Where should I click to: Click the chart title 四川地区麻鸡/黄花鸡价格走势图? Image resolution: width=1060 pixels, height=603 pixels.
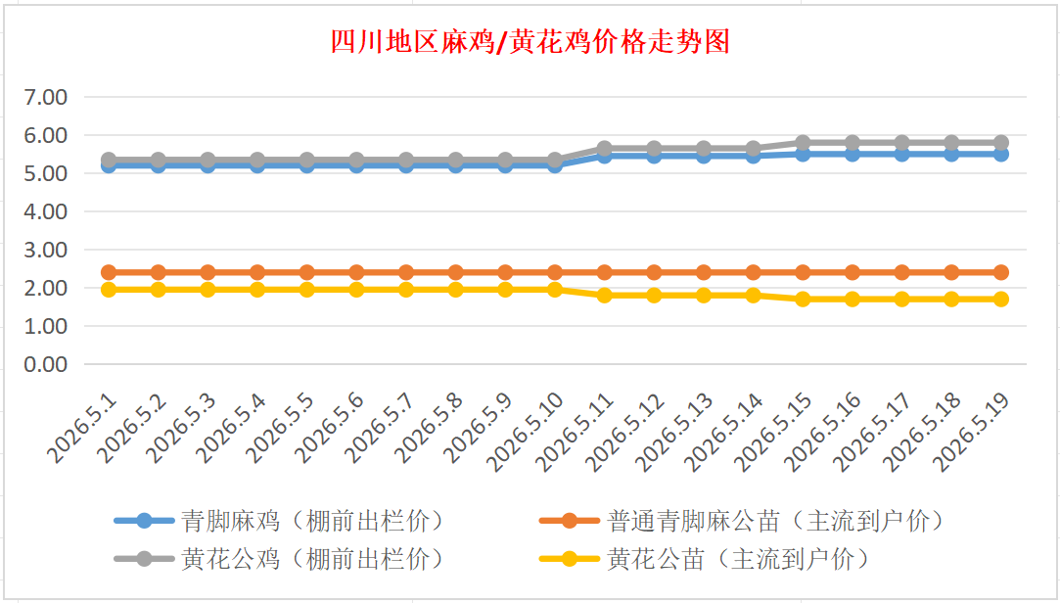pyautogui.click(x=530, y=42)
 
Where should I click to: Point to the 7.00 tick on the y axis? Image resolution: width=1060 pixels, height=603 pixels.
pyautogui.click(x=46, y=97)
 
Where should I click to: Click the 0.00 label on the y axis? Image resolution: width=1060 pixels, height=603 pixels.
pyautogui.click(x=46, y=364)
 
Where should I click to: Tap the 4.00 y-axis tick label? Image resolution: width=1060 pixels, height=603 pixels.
pyautogui.click(x=46, y=211)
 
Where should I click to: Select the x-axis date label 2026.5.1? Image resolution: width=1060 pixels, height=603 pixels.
pyautogui.click(x=82, y=429)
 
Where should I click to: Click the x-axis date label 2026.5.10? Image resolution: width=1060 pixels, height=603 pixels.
pyautogui.click(x=525, y=432)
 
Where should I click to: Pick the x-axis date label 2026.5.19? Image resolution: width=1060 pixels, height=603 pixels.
pyautogui.click(x=971, y=432)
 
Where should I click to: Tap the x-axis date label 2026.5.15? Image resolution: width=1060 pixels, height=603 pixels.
pyautogui.click(x=772, y=432)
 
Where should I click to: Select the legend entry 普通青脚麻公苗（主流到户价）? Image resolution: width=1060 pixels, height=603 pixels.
pyautogui.click(x=743, y=521)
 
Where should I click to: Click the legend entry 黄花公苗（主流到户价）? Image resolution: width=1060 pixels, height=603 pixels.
pyautogui.click(x=705, y=559)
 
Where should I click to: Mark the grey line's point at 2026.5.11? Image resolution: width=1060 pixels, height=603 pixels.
pyautogui.click(x=604, y=148)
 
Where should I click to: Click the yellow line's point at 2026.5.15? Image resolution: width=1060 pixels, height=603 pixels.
pyautogui.click(x=803, y=299)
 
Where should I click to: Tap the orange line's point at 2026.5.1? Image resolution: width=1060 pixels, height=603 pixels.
pyautogui.click(x=109, y=272)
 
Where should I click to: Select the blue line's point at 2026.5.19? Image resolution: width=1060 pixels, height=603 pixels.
pyautogui.click(x=1000, y=154)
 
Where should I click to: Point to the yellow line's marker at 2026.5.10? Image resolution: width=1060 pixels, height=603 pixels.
pyautogui.click(x=555, y=290)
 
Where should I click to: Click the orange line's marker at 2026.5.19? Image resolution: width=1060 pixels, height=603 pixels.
pyautogui.click(x=1000, y=272)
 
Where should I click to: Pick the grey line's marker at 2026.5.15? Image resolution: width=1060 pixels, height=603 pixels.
pyautogui.click(x=803, y=143)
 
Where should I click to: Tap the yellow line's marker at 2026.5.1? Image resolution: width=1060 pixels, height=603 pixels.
pyautogui.click(x=109, y=290)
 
